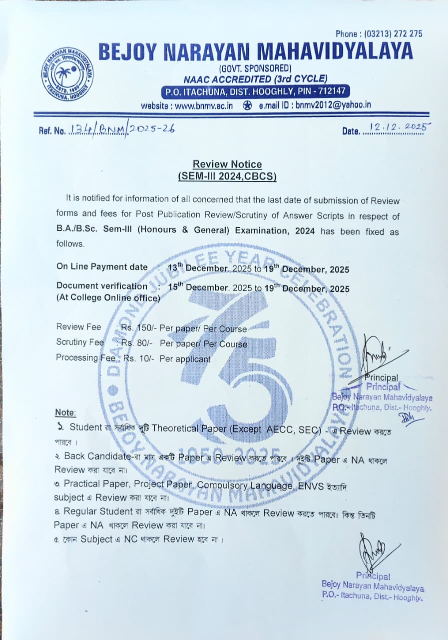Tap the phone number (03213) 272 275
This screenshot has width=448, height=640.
click(x=394, y=33)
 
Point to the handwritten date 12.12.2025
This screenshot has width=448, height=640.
click(x=399, y=127)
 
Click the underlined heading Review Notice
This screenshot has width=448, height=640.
click(x=227, y=164)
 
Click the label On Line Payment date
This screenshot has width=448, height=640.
click(x=102, y=267)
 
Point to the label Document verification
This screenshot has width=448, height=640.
click(x=102, y=286)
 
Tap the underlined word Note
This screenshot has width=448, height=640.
click(x=65, y=412)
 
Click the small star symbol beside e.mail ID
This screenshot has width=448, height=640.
click(x=247, y=105)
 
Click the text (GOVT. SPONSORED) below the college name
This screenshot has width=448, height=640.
click(x=255, y=68)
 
